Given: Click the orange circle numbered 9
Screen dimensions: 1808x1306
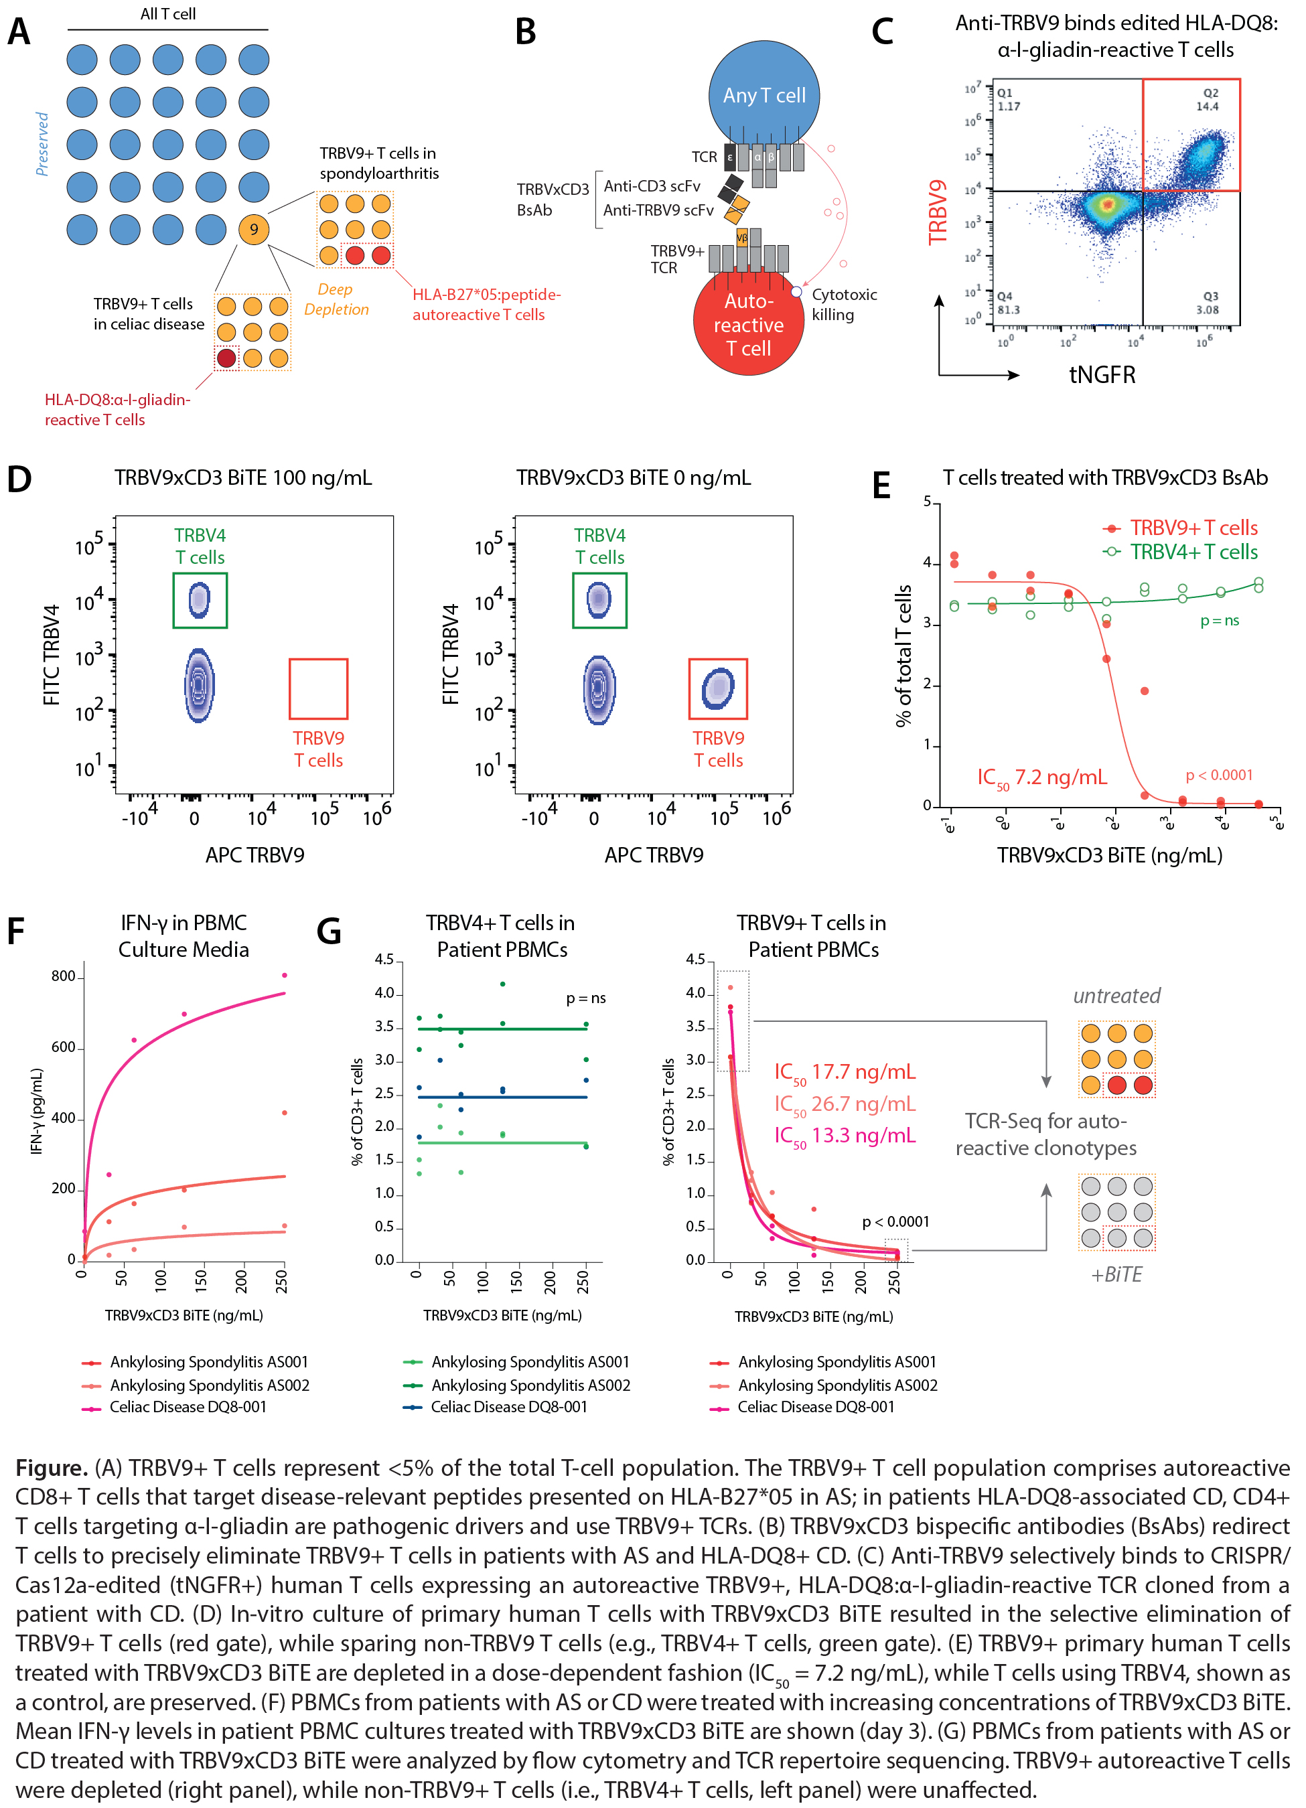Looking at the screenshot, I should [254, 230].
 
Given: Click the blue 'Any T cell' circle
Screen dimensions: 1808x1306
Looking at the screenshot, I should [764, 96].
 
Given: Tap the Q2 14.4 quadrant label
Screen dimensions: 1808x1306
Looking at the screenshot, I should [1207, 100].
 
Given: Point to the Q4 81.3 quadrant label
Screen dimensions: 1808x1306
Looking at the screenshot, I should [1009, 303].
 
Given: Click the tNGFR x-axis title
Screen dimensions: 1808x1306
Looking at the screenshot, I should [1102, 375].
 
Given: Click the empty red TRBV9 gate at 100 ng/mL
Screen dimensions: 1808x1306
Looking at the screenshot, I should [318, 689].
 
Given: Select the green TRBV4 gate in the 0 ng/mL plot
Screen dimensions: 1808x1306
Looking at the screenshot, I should [599, 600].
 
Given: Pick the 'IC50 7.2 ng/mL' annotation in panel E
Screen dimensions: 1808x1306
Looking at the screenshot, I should [1042, 777].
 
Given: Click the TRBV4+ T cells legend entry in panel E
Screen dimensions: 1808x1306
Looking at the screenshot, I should [1193, 552].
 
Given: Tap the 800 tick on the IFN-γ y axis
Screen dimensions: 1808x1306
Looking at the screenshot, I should [63, 976].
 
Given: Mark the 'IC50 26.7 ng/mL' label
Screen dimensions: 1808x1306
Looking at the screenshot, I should [845, 1104].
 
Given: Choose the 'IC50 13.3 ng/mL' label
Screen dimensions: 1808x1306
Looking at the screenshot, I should [845, 1136].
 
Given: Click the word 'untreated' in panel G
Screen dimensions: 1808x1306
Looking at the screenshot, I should [1116, 996].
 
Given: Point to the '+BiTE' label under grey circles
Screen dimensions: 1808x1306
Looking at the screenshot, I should [1116, 1275].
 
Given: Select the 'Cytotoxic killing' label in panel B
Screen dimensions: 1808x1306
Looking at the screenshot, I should [844, 305].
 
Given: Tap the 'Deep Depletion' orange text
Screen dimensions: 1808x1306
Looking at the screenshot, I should [336, 299].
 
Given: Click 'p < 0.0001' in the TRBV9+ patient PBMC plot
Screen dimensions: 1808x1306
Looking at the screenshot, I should [895, 1222].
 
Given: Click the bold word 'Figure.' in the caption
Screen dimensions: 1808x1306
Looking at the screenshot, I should [51, 1468].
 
